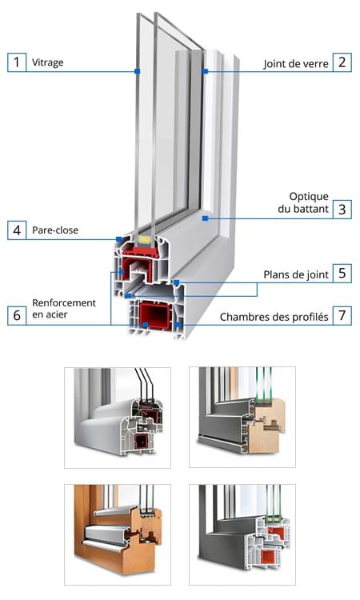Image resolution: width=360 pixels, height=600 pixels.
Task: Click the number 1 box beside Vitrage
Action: pyautogui.click(x=17, y=62)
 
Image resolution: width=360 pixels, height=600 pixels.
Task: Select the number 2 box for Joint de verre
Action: pyautogui.click(x=342, y=62)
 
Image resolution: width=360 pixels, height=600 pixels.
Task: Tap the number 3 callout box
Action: pyautogui.click(x=342, y=210)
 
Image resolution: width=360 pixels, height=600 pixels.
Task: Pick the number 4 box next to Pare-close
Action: pyautogui.click(x=17, y=230)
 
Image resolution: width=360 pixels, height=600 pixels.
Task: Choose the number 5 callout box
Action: pyautogui.click(x=342, y=274)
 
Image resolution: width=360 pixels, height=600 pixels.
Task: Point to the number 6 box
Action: pyautogui.click(x=17, y=315)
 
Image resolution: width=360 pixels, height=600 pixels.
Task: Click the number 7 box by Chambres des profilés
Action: pyautogui.click(x=342, y=316)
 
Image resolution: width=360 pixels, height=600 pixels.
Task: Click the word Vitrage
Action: pyautogui.click(x=47, y=62)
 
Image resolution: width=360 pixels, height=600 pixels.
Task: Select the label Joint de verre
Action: pyautogui.click(x=296, y=64)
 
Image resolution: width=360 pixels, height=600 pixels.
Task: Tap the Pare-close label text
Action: pyautogui.click(x=55, y=230)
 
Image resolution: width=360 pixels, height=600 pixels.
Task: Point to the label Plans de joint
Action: pyautogui.click(x=296, y=274)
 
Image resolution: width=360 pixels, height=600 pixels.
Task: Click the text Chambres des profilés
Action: pyautogui.click(x=274, y=317)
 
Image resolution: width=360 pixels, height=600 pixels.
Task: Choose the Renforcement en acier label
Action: pyautogui.click(x=64, y=309)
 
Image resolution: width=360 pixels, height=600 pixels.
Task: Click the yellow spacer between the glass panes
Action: pyautogui.click(x=145, y=240)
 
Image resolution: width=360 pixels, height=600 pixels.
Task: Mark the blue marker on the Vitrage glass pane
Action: pyautogui.click(x=138, y=71)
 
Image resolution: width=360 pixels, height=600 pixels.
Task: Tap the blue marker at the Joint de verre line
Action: pyautogui.click(x=206, y=71)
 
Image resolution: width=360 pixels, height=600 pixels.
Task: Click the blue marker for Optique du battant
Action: pyautogui.click(x=206, y=218)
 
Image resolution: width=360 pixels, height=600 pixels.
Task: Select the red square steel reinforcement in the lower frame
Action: pyautogui.click(x=154, y=316)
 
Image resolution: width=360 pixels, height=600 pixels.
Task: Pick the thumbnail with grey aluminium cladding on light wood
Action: pyautogui.click(x=242, y=417)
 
